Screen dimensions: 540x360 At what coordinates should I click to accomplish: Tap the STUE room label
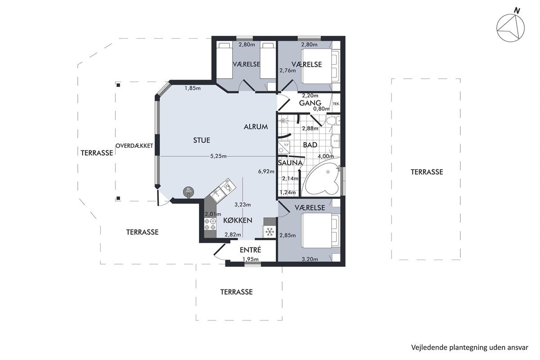(202, 140)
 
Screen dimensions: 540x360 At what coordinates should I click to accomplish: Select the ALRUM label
(256, 127)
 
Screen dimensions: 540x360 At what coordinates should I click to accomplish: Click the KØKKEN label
(238, 220)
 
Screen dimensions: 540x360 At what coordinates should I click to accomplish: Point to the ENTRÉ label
(251, 250)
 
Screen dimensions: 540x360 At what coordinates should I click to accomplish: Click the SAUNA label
(290, 163)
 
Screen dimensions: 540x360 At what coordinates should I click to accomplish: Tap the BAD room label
(310, 145)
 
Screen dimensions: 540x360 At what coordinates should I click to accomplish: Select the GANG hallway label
(310, 103)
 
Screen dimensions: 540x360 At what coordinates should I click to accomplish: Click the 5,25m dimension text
(218, 156)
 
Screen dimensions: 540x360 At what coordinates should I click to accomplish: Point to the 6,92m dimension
(266, 171)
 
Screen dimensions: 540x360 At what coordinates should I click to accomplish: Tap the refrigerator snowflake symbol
(270, 232)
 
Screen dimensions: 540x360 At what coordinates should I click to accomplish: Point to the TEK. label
(336, 104)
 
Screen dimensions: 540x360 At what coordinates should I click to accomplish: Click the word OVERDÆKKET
(134, 146)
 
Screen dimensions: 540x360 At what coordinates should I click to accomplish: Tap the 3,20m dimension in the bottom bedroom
(310, 259)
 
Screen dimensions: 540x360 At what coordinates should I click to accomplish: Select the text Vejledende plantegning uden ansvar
(470, 347)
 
